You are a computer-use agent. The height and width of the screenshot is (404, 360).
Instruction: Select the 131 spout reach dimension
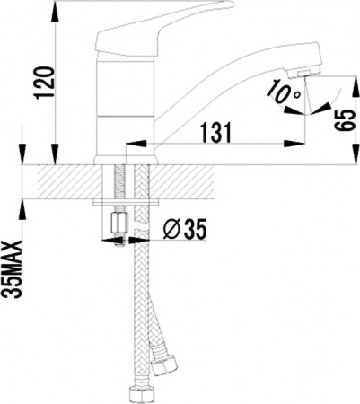(215, 131)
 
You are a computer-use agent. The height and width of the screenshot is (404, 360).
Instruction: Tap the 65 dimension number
(339, 117)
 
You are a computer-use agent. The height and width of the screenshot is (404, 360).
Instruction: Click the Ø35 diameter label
(185, 231)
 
